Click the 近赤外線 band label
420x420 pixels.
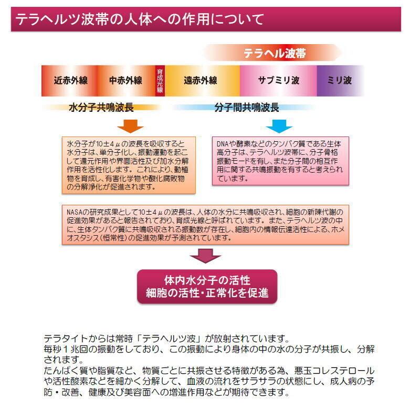click(x=71, y=80)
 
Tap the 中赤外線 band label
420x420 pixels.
click(x=125, y=80)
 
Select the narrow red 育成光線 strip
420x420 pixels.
click(x=160, y=80)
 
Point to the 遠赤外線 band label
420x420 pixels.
click(x=200, y=80)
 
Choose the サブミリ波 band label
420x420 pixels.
click(x=278, y=80)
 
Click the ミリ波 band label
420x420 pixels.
click(x=339, y=80)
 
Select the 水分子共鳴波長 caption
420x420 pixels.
click(x=101, y=108)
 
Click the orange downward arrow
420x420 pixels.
click(x=130, y=127)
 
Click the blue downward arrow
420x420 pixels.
click(x=279, y=127)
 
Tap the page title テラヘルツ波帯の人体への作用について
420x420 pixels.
click(x=139, y=20)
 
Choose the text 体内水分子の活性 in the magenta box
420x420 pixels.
click(x=207, y=280)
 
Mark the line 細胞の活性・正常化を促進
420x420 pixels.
click(x=207, y=293)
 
